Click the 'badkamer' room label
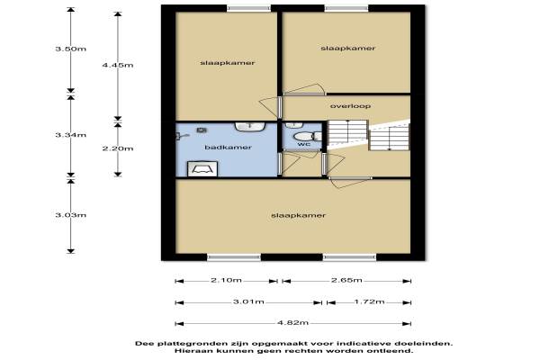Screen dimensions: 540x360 (x=228, y=148)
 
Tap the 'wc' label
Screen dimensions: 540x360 (x=304, y=144)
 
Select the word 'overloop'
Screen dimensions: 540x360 (x=350, y=106)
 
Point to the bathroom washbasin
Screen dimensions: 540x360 (x=250, y=126)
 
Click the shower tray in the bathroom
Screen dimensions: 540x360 (x=202, y=169)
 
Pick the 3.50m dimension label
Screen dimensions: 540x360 (x=71, y=49)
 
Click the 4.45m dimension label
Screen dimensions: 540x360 (x=118, y=65)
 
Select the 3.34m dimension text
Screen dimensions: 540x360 (x=71, y=135)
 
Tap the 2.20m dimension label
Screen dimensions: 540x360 (x=118, y=148)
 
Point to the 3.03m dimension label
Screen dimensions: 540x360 (x=71, y=215)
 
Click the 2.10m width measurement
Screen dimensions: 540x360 (x=226, y=281)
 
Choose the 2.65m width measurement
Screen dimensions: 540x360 (x=346, y=281)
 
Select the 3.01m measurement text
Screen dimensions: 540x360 (x=248, y=302)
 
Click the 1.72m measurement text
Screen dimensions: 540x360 (x=370, y=302)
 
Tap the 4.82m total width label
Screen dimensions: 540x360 (x=292, y=323)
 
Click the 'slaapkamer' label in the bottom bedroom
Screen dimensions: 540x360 (x=298, y=216)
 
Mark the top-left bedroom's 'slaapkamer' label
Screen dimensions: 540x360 (x=228, y=63)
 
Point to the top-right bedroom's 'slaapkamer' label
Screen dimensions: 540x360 (x=347, y=49)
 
